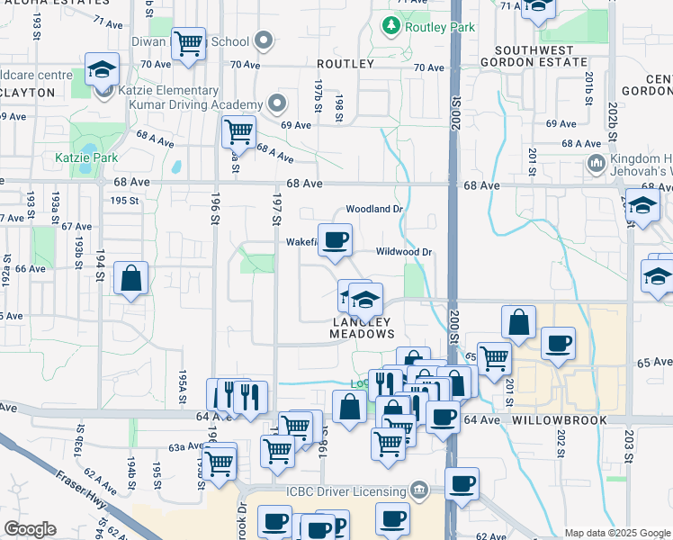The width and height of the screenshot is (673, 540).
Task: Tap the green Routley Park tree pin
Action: [390, 27]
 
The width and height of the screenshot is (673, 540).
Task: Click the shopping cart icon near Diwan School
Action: [188, 42]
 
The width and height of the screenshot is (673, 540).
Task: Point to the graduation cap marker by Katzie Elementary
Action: [103, 69]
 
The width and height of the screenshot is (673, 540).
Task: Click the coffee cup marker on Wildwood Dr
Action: [336, 240]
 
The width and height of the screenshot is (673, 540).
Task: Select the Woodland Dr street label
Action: [373, 209]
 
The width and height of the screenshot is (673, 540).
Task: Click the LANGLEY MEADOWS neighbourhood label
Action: [363, 328]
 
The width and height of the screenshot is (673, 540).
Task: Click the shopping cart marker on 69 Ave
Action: [238, 131]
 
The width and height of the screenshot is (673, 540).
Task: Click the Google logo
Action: [30, 529]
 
